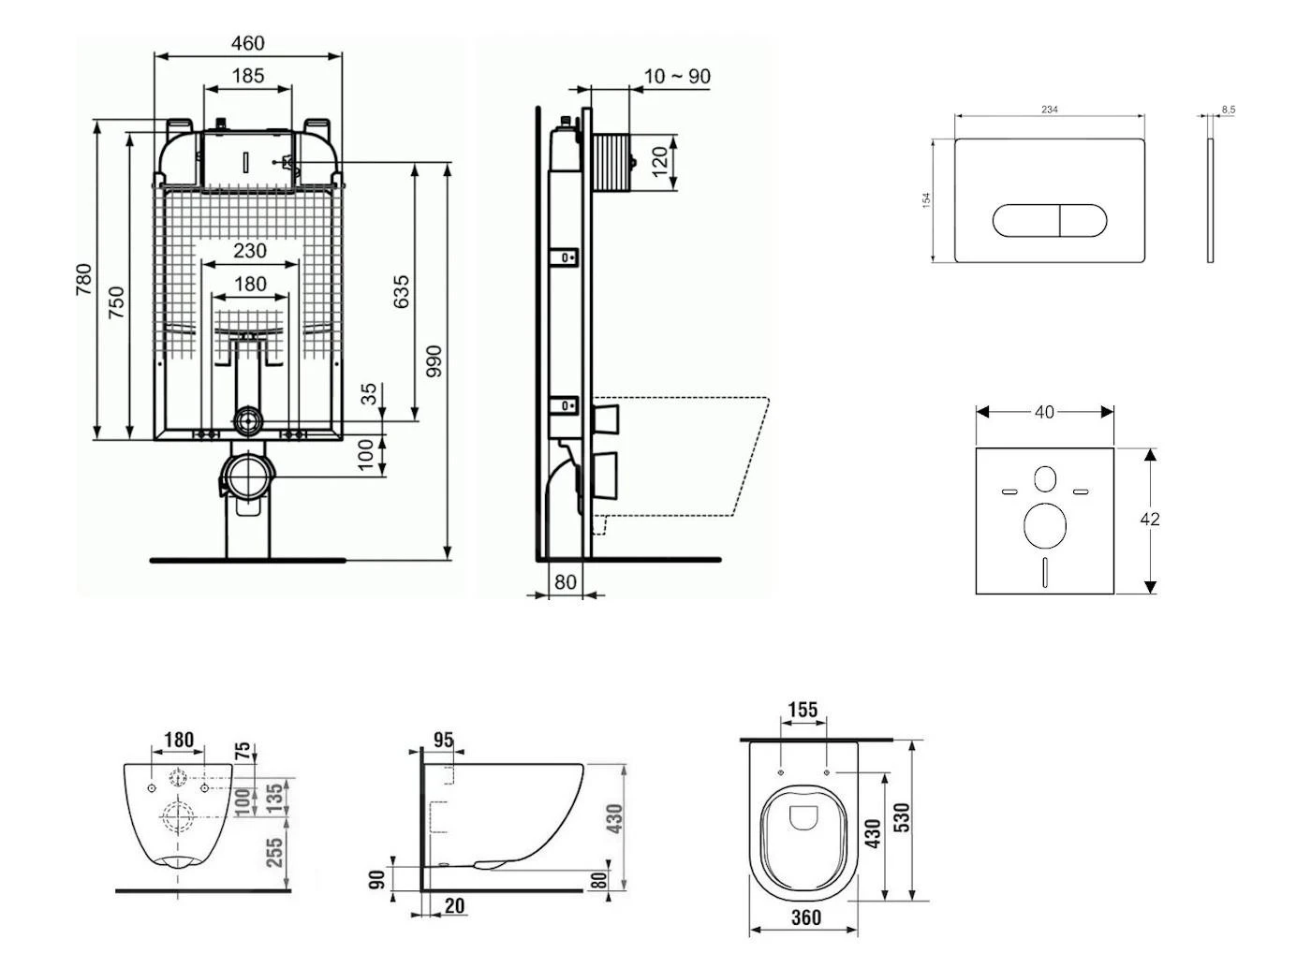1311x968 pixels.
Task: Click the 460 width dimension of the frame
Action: pos(247,43)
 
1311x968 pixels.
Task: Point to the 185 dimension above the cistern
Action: pos(247,76)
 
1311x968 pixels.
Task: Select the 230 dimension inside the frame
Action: pos(249,251)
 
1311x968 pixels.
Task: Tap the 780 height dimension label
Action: pos(83,280)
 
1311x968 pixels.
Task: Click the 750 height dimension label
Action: pos(115,302)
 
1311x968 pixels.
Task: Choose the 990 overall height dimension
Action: pos(433,361)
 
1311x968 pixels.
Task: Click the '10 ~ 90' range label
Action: pos(677,77)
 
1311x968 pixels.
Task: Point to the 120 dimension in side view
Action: pos(660,161)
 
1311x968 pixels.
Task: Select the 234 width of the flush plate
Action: pos(1049,110)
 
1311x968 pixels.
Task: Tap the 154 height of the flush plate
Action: pos(926,199)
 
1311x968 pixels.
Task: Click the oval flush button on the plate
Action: pos(1049,220)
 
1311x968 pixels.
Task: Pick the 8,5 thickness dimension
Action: pos(1228,110)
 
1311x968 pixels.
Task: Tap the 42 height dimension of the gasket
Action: pos(1150,519)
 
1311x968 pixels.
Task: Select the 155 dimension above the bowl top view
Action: pos(803,711)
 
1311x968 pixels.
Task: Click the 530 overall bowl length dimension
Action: pos(903,817)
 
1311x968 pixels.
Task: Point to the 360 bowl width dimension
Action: pos(805,917)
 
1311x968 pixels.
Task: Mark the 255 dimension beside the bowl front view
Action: pos(274,852)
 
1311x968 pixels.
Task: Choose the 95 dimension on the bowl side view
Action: pos(443,741)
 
